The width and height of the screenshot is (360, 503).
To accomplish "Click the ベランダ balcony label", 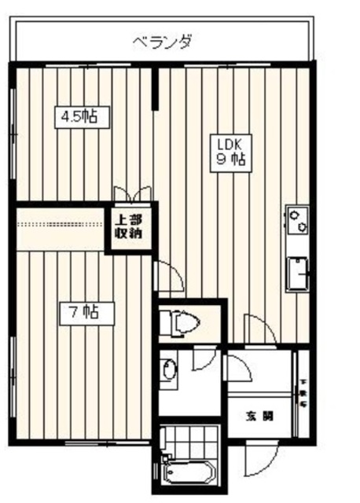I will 161,41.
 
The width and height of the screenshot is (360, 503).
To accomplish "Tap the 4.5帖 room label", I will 80,117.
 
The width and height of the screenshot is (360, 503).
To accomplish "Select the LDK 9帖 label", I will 229,151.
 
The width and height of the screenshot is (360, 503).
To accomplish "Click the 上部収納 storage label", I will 130,226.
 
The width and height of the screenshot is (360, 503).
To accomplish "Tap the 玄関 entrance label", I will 259,416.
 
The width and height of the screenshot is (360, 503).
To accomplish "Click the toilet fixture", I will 179,321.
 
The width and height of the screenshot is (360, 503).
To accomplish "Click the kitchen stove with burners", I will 298,219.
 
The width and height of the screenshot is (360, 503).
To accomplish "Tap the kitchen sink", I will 298,274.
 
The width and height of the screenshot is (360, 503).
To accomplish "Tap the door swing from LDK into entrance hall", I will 259,330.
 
